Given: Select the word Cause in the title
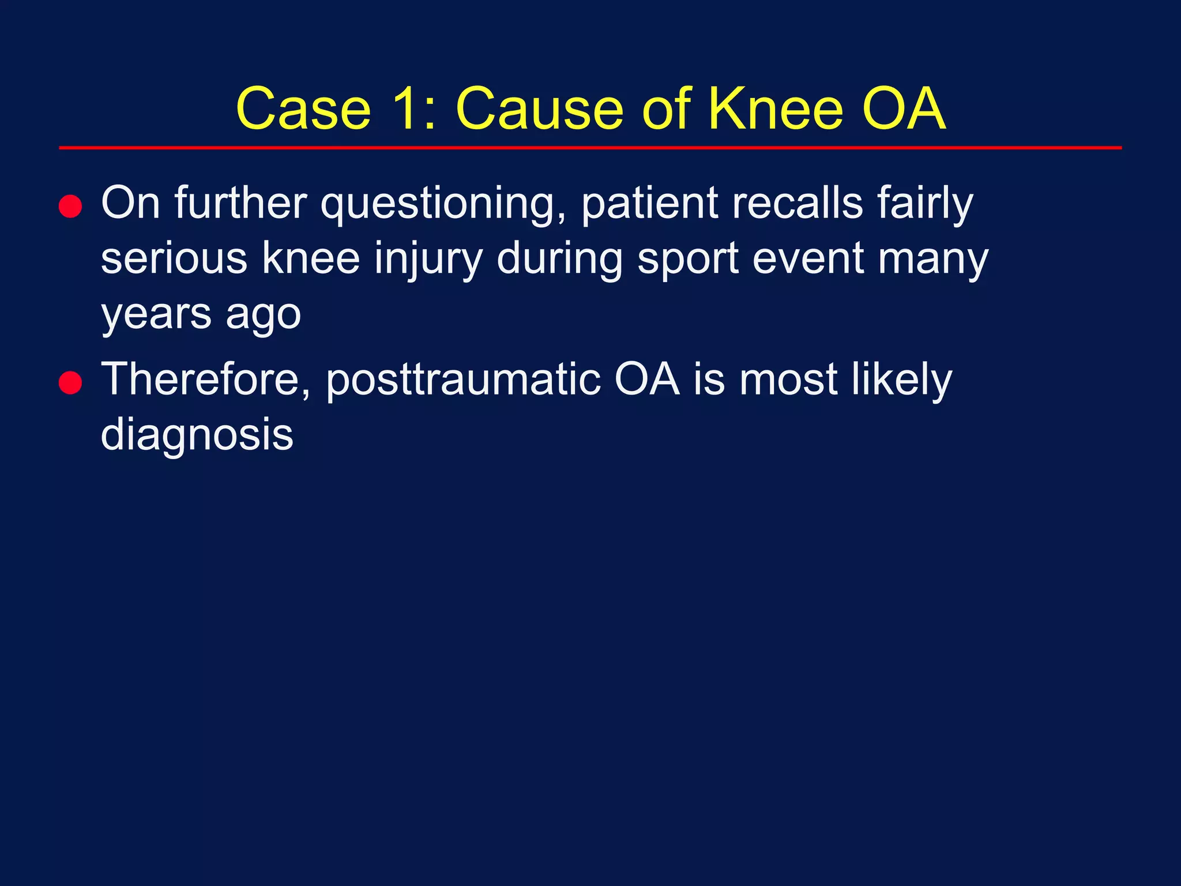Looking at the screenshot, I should click(539, 109).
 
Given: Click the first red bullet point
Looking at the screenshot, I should click(70, 206).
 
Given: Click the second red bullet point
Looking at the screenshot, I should click(70, 382).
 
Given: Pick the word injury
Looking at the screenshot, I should click(428, 260).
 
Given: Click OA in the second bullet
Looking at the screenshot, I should click(647, 380).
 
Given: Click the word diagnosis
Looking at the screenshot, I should click(197, 436).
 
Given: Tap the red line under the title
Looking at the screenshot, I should click(590, 148).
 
